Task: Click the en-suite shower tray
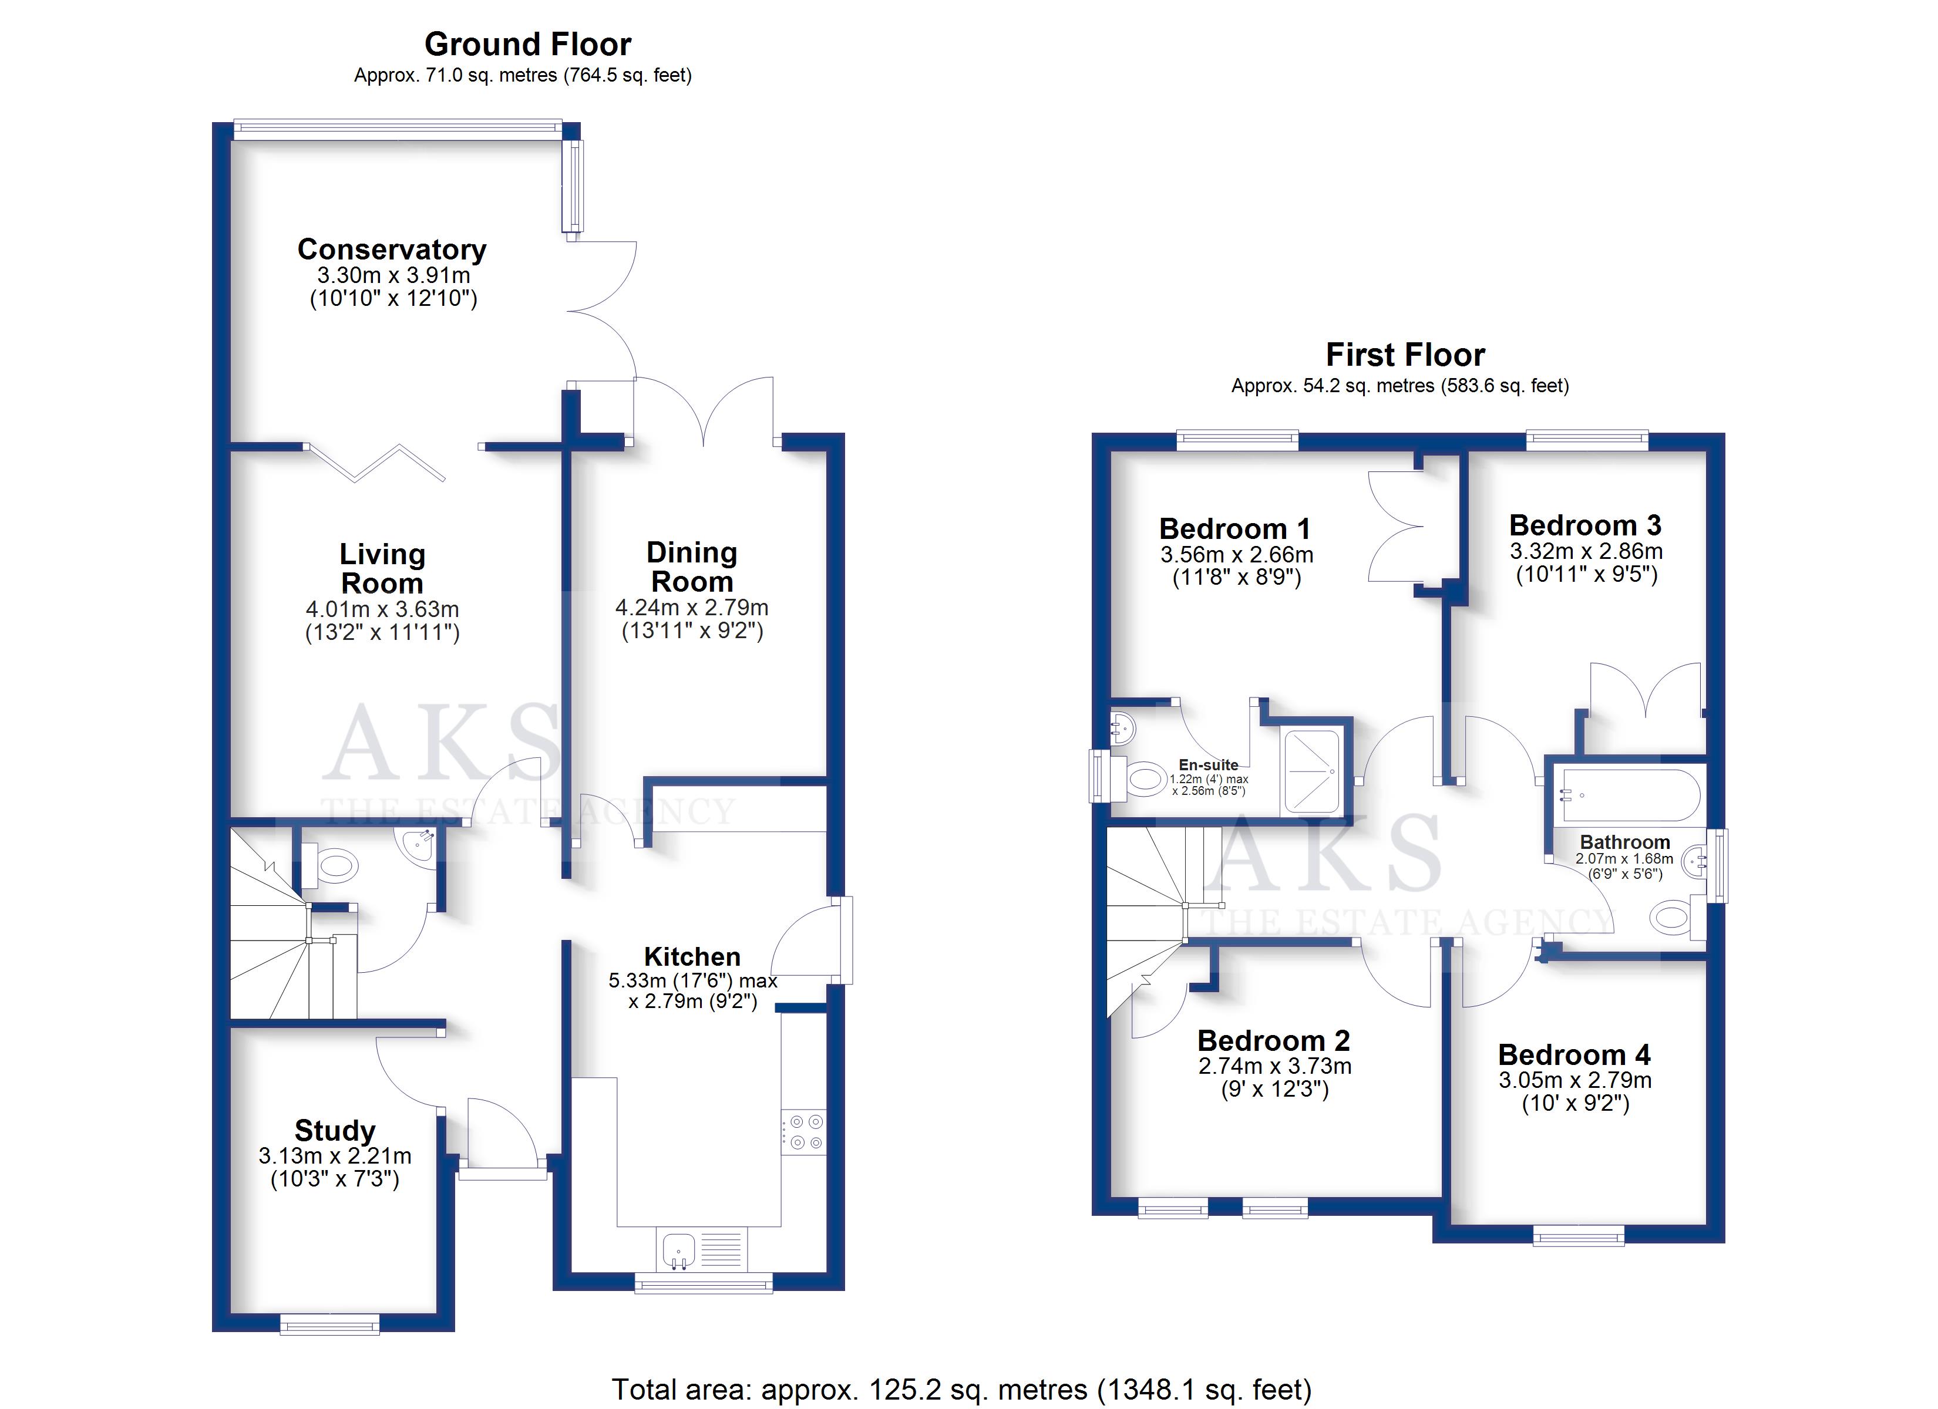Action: click(x=1311, y=771)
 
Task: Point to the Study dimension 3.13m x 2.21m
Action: click(x=335, y=1156)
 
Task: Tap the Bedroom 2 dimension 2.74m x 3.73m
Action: click(x=1275, y=1066)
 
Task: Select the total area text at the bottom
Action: click(x=961, y=1390)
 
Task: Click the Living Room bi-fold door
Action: click(x=376, y=462)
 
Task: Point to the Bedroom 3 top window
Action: click(x=1587, y=441)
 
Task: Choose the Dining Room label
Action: click(x=692, y=567)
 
